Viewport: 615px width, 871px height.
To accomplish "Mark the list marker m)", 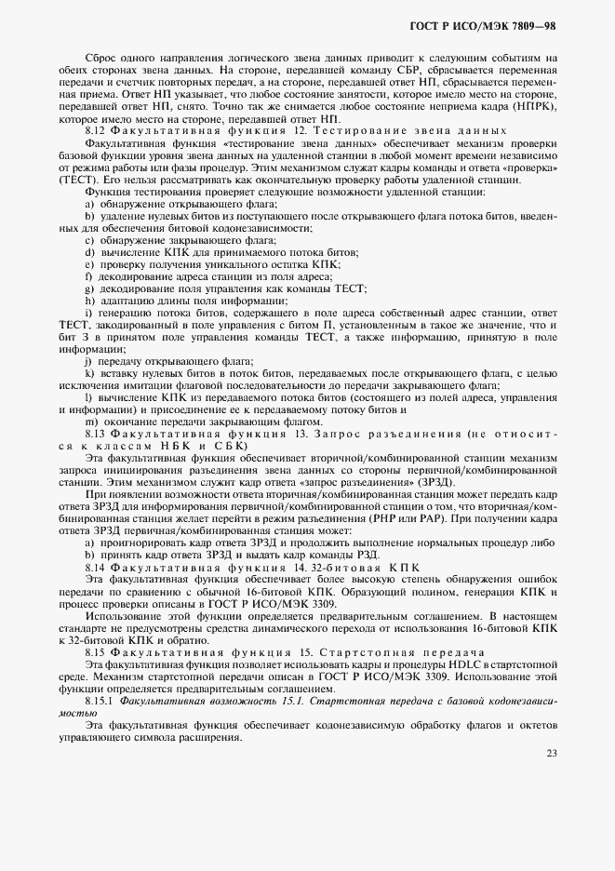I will click(90, 422).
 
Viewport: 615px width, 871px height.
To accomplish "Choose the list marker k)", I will click(90, 373).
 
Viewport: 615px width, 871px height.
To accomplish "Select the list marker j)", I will click(89, 361).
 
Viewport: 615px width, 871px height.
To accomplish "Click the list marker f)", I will click(89, 276).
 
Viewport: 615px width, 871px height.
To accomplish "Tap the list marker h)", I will click(90, 301).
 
